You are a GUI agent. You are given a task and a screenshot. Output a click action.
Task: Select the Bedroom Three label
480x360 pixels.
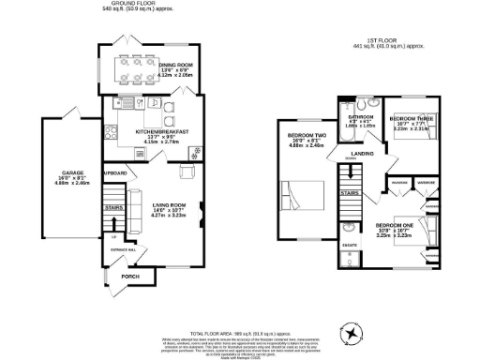pyautogui.click(x=410, y=121)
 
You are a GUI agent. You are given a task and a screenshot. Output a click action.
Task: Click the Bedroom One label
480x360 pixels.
pyautogui.click(x=394, y=226)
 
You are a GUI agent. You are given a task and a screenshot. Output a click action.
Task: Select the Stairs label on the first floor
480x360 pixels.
pyautogui.click(x=348, y=191)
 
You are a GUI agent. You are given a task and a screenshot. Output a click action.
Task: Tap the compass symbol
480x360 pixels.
pyautogui.click(x=352, y=332)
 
